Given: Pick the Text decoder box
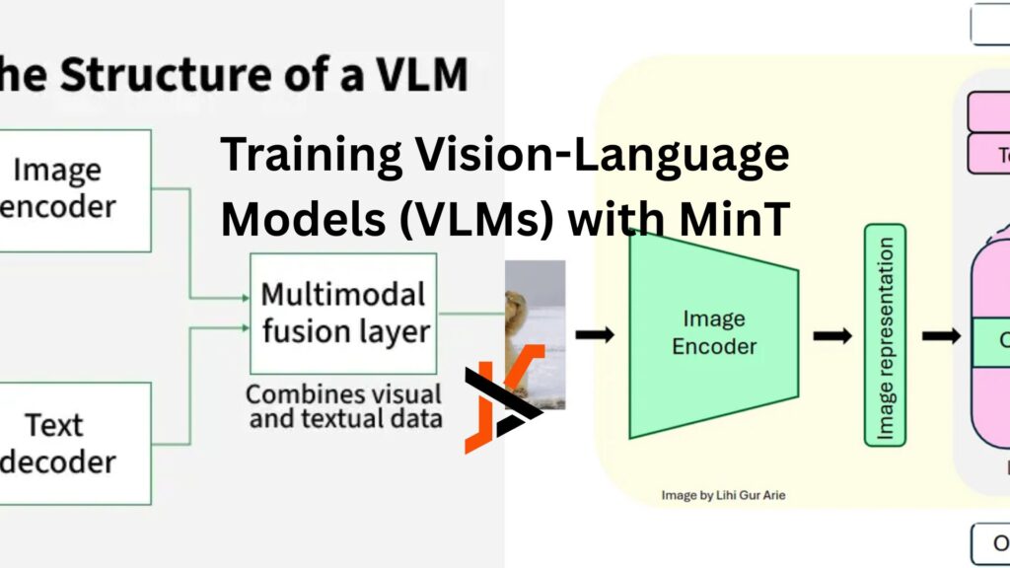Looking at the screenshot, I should [69, 443].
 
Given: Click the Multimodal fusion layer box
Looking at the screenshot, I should [343, 312].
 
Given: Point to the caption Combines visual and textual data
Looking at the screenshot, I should [343, 406].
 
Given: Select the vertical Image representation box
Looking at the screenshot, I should [886, 334].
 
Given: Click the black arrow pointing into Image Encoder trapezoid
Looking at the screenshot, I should [595, 335].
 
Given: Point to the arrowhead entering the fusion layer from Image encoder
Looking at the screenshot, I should [245, 295].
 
